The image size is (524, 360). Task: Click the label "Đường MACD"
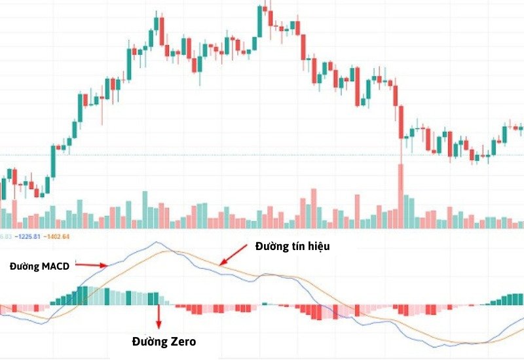[39, 266]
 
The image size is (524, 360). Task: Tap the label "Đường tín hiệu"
[291, 247]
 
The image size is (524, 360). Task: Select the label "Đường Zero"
[163, 341]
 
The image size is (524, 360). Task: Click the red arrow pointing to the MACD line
[92, 265]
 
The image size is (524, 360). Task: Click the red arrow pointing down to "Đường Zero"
[158, 317]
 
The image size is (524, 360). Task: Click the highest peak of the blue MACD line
[156, 242]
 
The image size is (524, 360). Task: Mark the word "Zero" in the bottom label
[182, 341]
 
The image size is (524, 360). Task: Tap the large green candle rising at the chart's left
[53, 161]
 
